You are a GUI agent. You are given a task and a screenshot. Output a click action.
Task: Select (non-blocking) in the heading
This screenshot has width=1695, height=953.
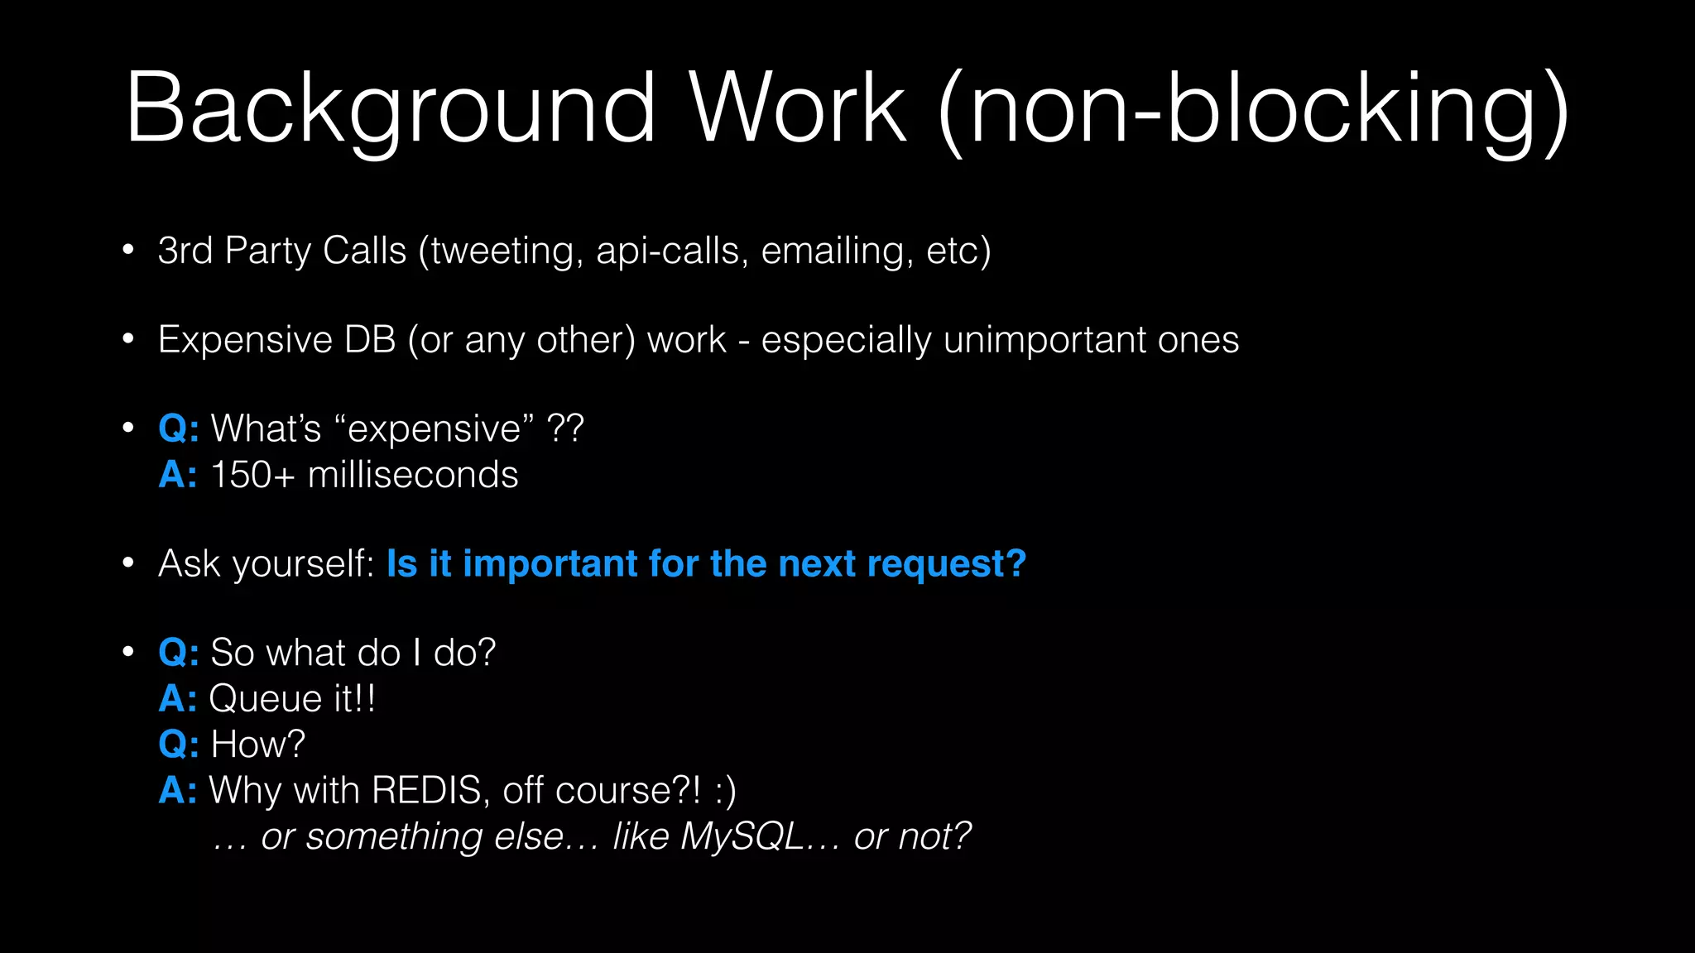click(x=1253, y=112)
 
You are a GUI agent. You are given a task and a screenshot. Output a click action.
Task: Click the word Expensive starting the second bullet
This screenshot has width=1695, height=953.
click(x=245, y=340)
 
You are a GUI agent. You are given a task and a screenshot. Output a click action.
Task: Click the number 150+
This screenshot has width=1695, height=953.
click(x=252, y=475)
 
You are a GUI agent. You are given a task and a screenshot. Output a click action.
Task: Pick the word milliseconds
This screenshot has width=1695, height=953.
click(x=413, y=475)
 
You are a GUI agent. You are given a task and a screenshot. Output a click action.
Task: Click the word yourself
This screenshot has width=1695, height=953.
click(x=304, y=564)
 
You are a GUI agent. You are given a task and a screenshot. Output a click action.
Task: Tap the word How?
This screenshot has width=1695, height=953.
click(x=257, y=745)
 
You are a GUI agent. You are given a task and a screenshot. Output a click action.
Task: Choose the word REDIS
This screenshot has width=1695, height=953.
click(x=427, y=790)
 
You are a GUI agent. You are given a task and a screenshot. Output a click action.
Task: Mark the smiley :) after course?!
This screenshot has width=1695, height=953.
click(x=725, y=791)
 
